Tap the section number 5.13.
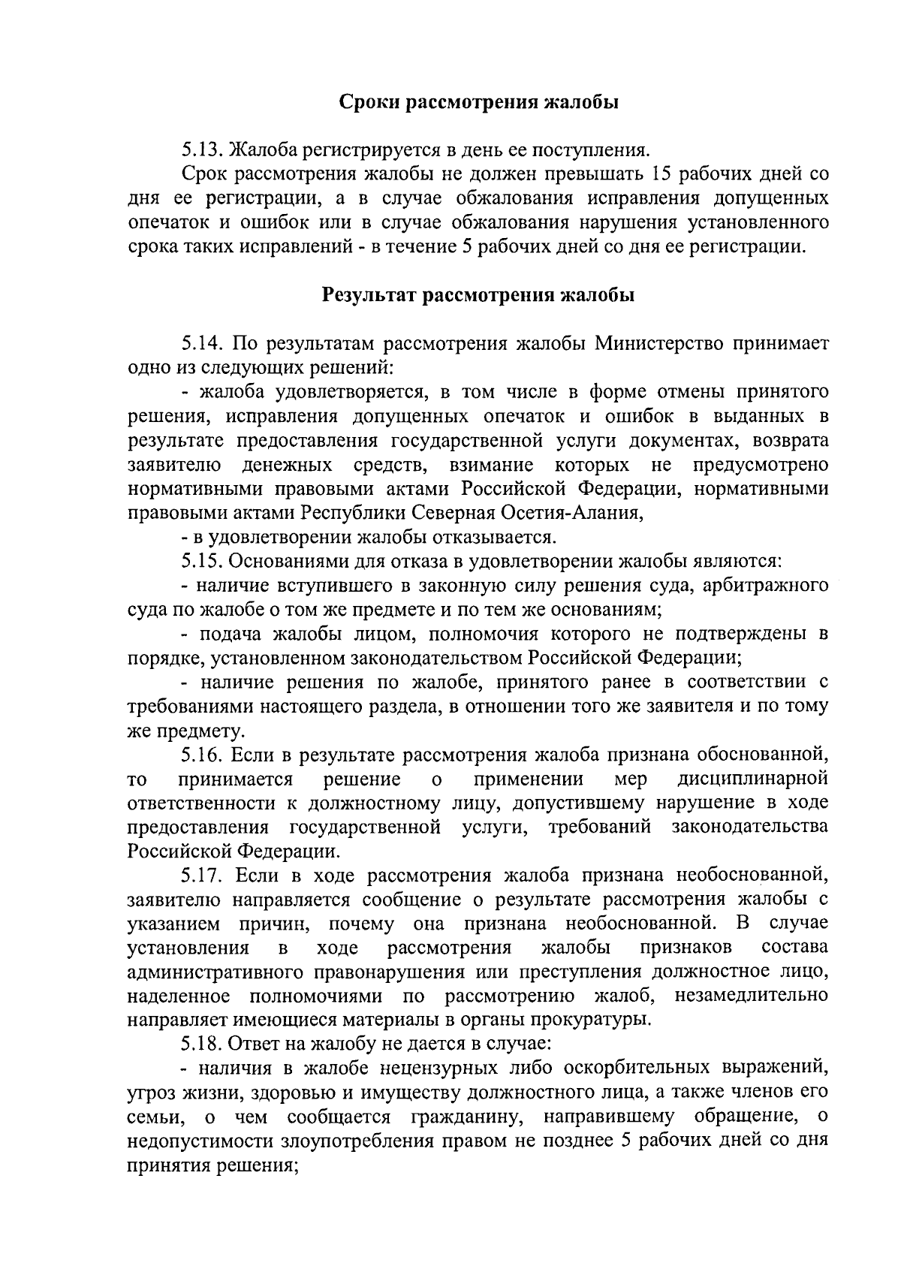point(202,150)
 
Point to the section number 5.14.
point(202,344)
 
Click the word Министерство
point(660,344)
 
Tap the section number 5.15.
point(202,561)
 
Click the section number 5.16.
point(202,754)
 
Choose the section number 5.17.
point(202,875)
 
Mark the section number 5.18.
point(202,1044)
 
